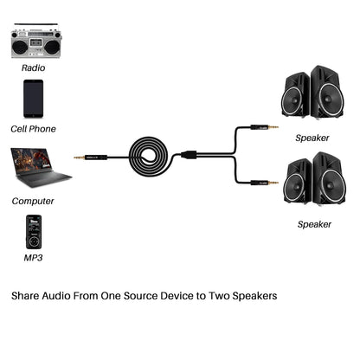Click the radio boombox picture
click(35, 42)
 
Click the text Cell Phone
click(34, 129)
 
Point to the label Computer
click(34, 201)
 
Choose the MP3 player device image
click(33, 232)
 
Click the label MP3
click(34, 258)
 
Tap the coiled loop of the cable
click(156, 157)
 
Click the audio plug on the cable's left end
click(87, 157)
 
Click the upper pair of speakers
click(312, 93)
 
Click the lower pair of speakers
click(312, 179)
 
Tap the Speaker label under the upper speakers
click(312, 138)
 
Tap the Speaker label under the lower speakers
click(314, 224)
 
